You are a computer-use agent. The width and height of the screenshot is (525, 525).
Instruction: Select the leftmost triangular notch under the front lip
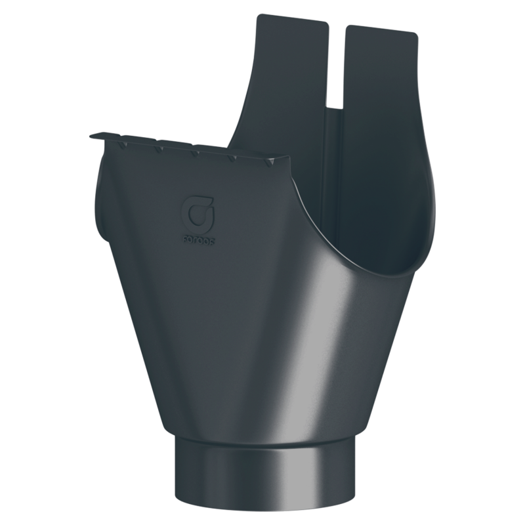point(122,140)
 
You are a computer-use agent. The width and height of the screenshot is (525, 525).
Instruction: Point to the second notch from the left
point(157,147)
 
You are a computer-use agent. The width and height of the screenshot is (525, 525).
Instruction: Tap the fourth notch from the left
point(232,157)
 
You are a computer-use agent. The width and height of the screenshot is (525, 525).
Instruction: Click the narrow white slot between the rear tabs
point(336,66)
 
